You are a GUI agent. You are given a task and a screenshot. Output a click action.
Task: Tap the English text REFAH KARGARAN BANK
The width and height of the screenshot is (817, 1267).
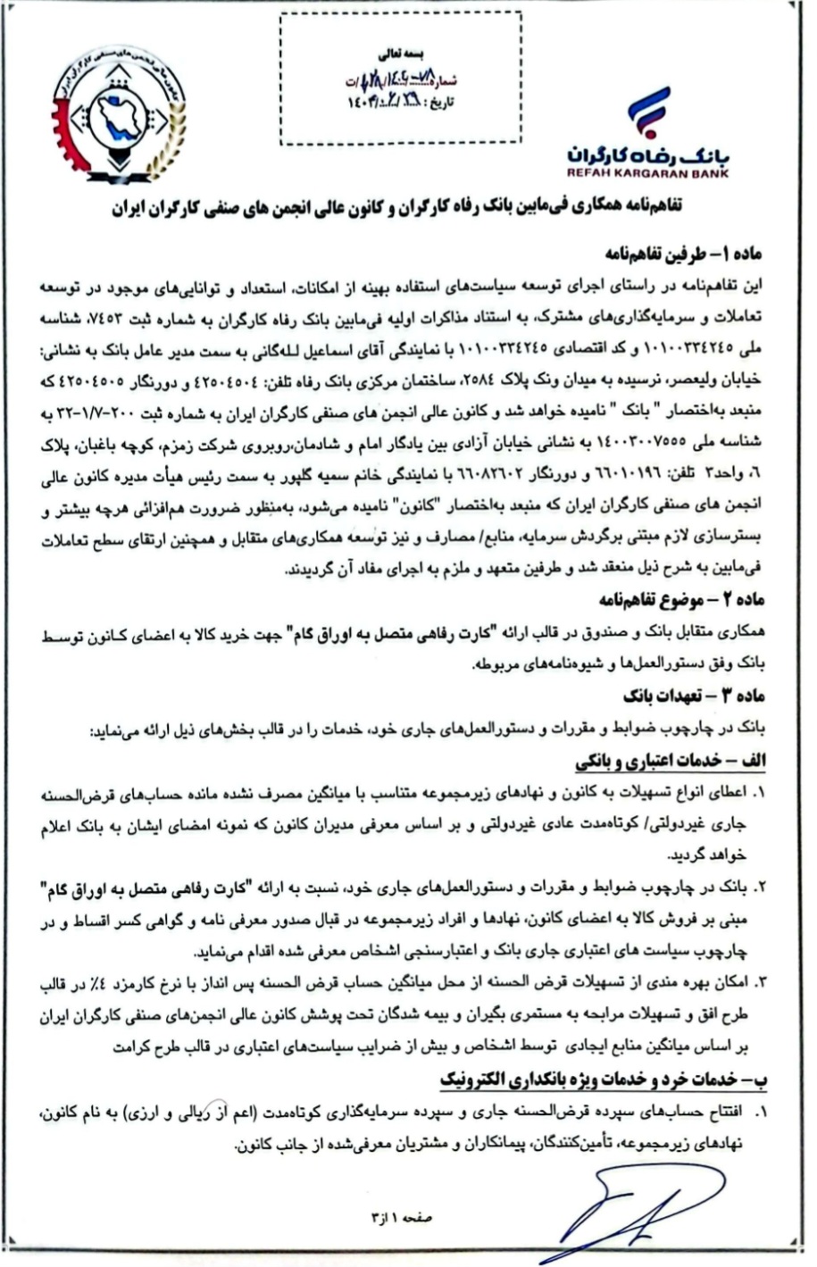[646, 173]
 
